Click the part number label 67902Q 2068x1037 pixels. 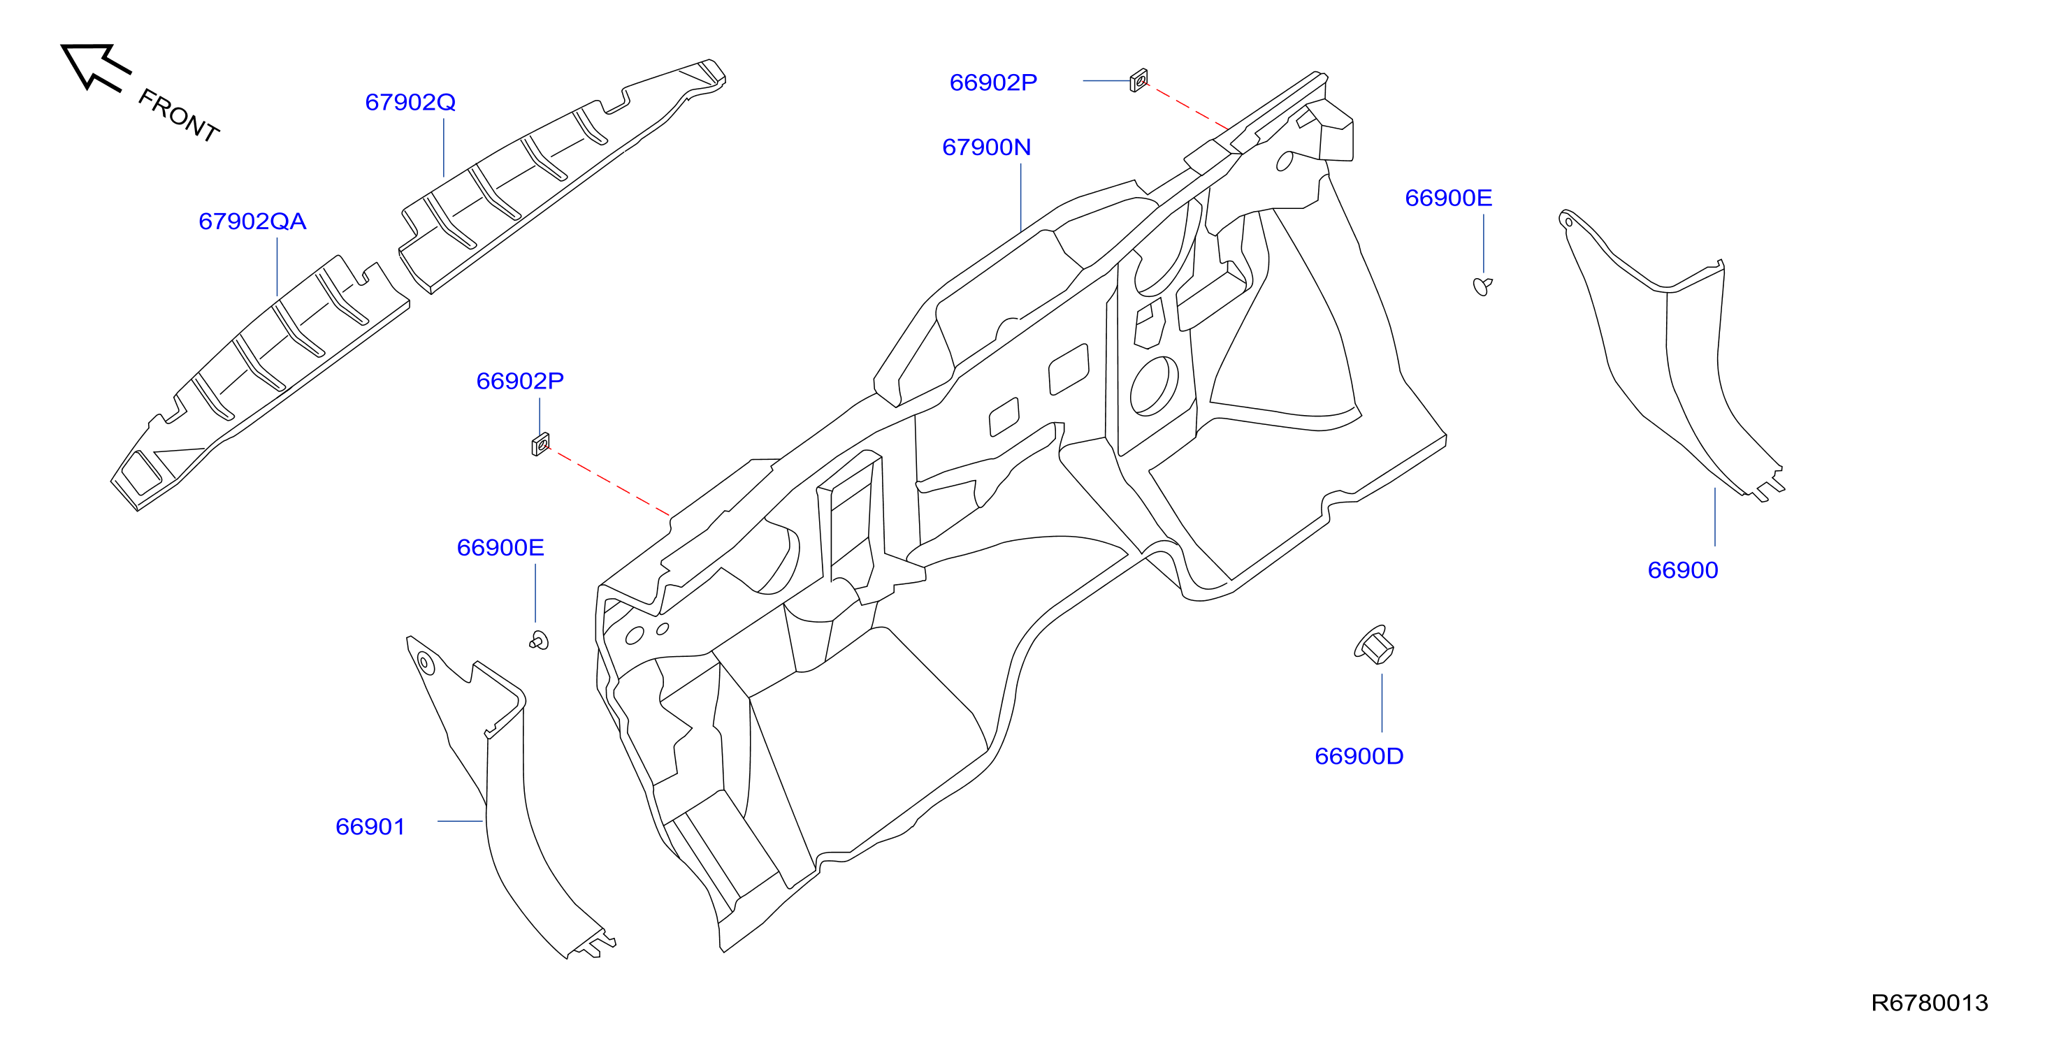[x=410, y=103]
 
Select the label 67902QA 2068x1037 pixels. [x=252, y=222]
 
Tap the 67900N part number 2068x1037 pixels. [x=987, y=147]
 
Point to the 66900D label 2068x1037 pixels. [x=1359, y=756]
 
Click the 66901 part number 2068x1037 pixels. [x=370, y=827]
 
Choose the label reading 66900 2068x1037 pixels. [x=1683, y=570]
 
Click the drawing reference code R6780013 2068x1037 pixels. [x=1930, y=1003]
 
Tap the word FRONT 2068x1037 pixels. [x=178, y=115]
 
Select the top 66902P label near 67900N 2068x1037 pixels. [x=993, y=82]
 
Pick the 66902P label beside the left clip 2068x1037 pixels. [x=520, y=382]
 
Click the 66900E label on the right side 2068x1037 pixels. [x=1448, y=198]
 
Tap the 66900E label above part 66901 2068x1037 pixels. [x=500, y=547]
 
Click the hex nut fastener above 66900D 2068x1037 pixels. [x=1375, y=645]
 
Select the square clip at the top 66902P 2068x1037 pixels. [x=1138, y=80]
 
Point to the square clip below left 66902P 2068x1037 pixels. [x=541, y=444]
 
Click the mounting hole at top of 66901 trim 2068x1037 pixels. [x=425, y=663]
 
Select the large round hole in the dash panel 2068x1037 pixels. [x=1154, y=386]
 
